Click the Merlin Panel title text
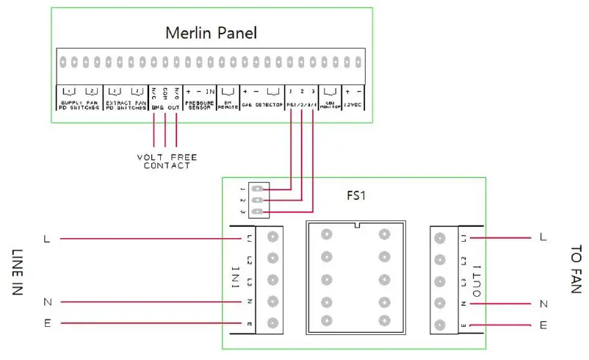[211, 33]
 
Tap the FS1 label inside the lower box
[358, 198]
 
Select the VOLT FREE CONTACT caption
[167, 162]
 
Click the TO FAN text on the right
[575, 269]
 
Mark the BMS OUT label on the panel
[165, 108]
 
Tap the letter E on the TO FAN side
[543, 325]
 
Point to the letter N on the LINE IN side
[47, 302]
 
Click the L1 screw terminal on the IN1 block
[273, 237]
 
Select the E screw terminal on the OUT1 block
[440, 325]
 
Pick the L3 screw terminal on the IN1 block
[273, 280]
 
